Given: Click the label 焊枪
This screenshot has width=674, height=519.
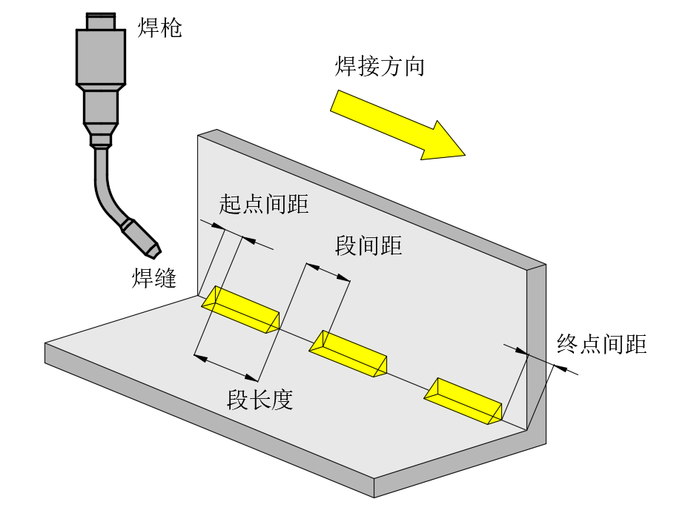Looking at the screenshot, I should click(x=159, y=28).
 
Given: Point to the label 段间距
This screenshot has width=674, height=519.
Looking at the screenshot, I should click(x=369, y=245).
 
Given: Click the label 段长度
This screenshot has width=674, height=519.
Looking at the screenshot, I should click(x=260, y=400).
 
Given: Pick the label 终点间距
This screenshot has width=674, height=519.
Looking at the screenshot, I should click(x=601, y=344).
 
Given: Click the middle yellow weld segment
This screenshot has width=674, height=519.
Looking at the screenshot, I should click(x=348, y=352).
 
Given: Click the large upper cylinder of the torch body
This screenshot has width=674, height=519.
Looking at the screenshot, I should click(x=101, y=56).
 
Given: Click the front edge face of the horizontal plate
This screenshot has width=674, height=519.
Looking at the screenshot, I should click(x=208, y=423).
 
